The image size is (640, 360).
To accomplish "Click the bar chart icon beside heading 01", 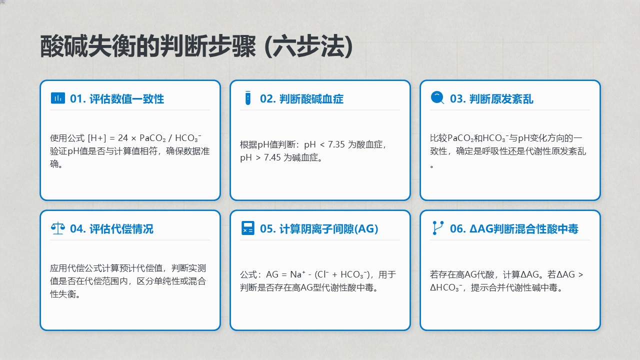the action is click(x=57, y=98).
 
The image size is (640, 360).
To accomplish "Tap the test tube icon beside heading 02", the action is click(x=247, y=98).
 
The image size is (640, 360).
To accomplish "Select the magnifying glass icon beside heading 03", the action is click(x=437, y=97).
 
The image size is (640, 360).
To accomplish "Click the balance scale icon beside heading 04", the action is click(x=57, y=228).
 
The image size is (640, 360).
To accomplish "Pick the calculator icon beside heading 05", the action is click(x=247, y=228).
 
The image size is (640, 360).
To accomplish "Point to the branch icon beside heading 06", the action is click(x=438, y=228).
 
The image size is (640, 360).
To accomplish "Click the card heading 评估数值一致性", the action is click(x=126, y=99).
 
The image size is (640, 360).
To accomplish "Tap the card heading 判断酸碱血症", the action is click(x=311, y=99).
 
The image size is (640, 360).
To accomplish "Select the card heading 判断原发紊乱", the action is click(x=501, y=99).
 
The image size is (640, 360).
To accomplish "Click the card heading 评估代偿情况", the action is click(x=121, y=229).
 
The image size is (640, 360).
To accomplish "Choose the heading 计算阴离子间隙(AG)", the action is click(x=328, y=229).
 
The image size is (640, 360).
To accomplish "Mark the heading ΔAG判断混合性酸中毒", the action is click(x=523, y=229).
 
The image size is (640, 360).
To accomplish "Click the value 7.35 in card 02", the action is click(x=336, y=144).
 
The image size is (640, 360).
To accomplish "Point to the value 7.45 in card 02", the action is click(x=272, y=157).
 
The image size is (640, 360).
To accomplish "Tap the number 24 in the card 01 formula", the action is click(x=123, y=138).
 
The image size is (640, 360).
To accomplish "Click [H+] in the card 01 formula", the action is click(x=97, y=138).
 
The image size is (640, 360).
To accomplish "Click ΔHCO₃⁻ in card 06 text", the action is click(x=446, y=287).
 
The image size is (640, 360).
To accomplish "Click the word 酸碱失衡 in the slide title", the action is click(x=87, y=46).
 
